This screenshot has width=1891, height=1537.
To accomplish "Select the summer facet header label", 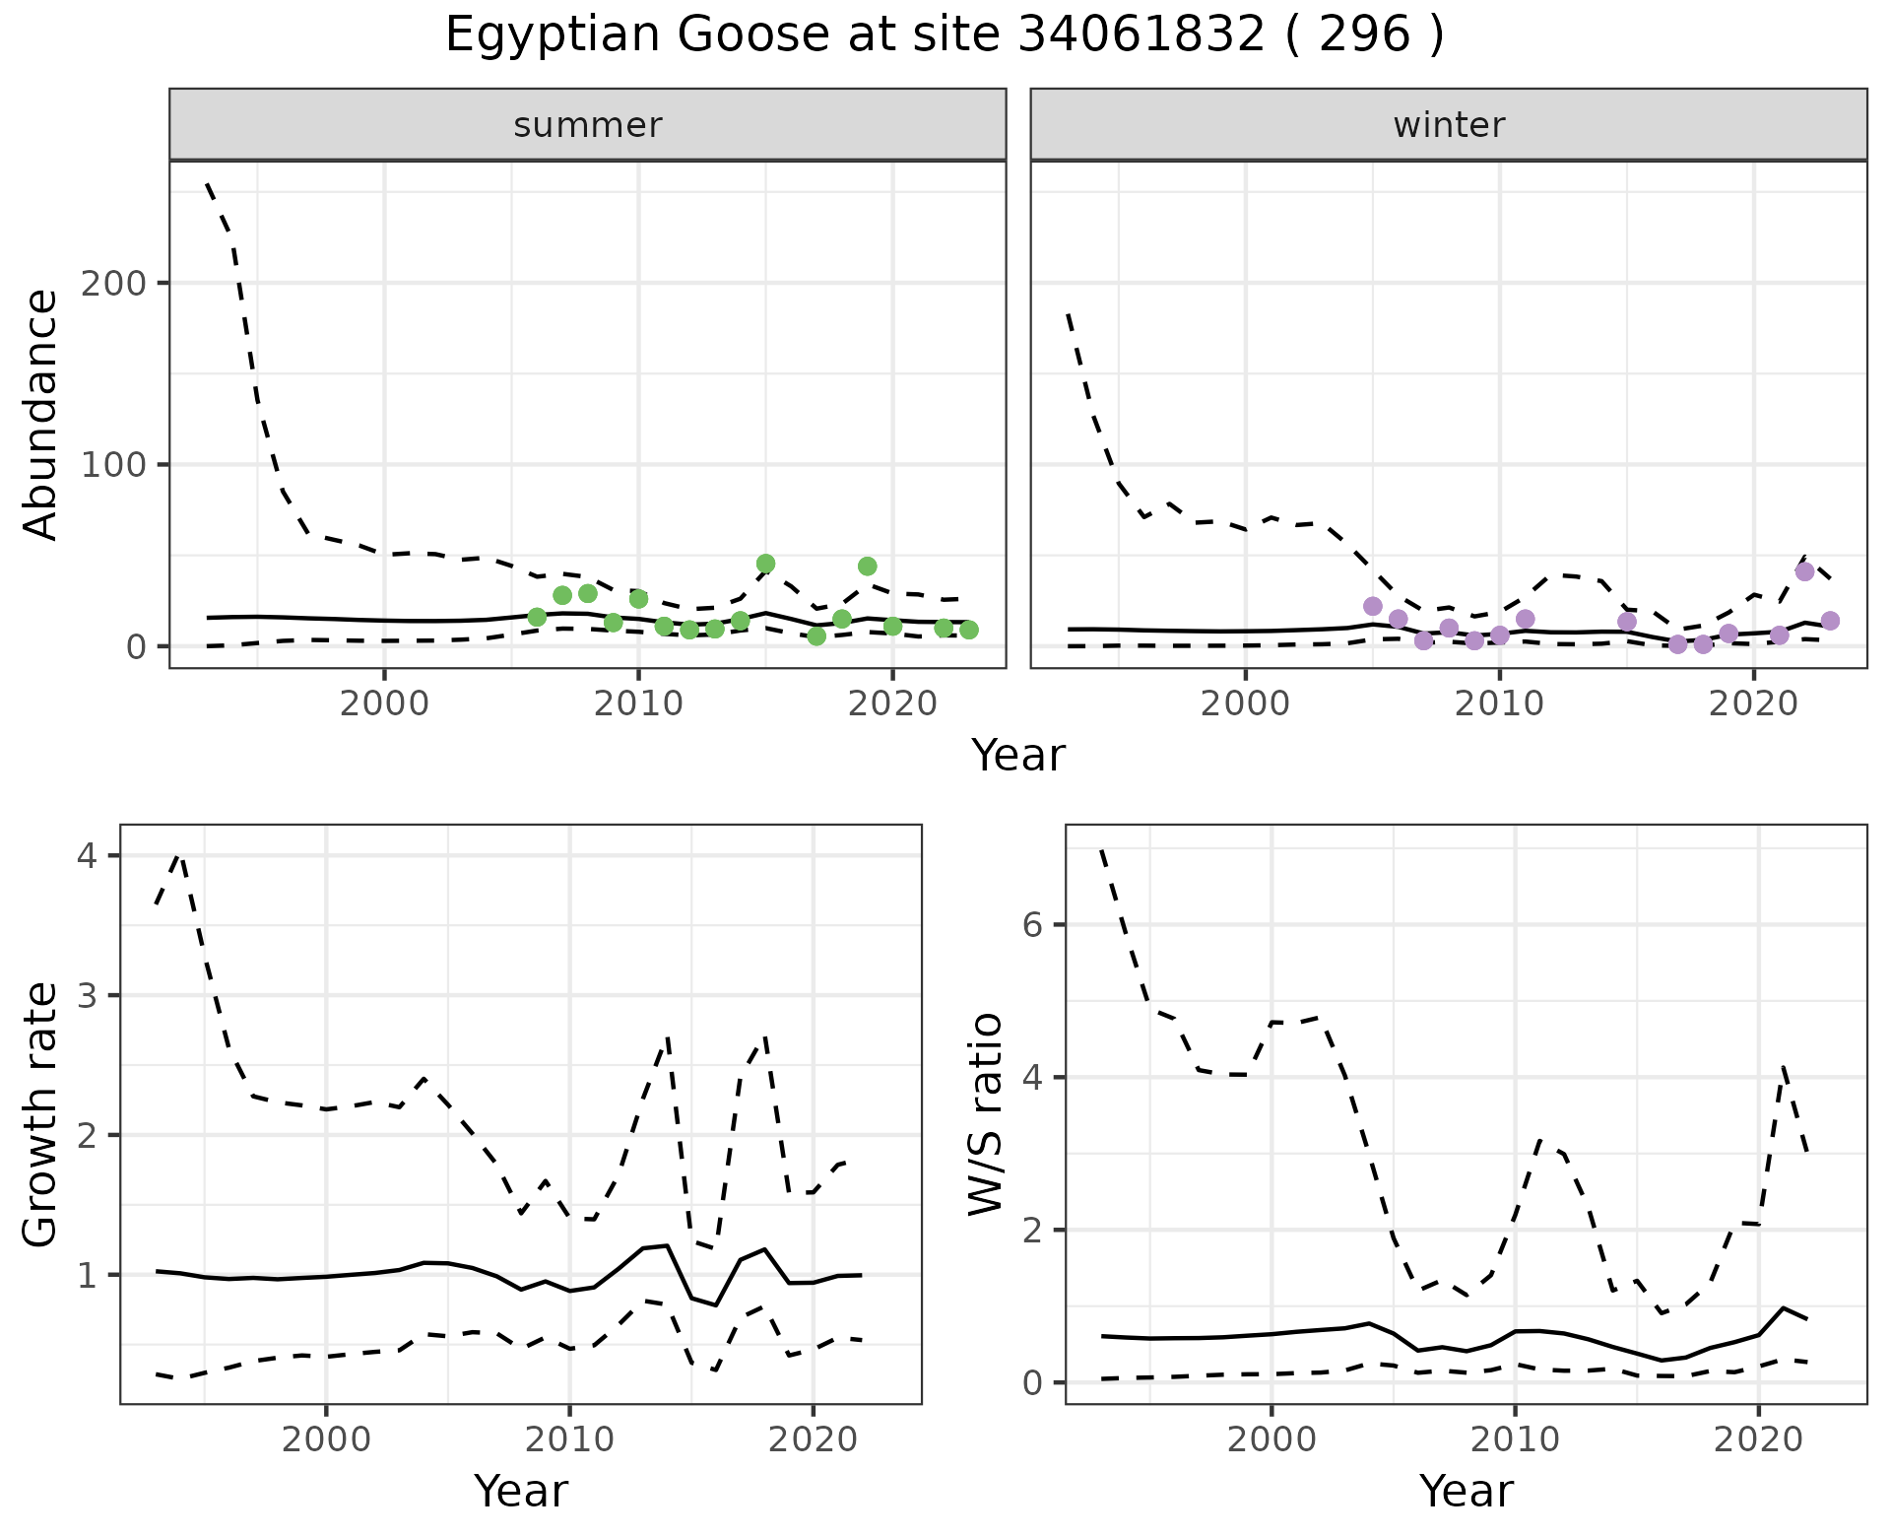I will pyautogui.click(x=588, y=125).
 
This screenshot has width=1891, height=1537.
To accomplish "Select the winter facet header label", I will pyautogui.click(x=1449, y=125).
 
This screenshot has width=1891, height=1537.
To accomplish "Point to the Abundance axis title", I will pyautogui.click(x=41, y=415).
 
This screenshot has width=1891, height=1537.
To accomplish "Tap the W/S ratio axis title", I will pyautogui.click(x=986, y=1114).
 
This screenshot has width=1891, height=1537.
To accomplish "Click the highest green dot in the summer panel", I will pyautogui.click(x=765, y=564).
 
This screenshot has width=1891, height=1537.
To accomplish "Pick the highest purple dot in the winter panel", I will pyautogui.click(x=1804, y=571).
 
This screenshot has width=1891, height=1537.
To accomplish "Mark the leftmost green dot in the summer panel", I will pyautogui.click(x=537, y=617).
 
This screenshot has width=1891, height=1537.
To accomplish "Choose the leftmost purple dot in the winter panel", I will pyautogui.click(x=1373, y=606).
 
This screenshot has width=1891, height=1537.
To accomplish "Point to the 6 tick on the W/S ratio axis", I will pyautogui.click(x=1031, y=924).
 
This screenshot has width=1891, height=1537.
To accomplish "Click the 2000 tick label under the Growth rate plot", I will pyautogui.click(x=326, y=1439).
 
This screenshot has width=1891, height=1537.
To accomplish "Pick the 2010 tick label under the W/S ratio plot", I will pyautogui.click(x=1515, y=1439).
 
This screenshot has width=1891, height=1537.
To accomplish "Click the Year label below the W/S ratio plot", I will pyautogui.click(x=1466, y=1492).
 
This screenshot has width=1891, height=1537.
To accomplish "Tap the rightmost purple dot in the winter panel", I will pyautogui.click(x=1830, y=621).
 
